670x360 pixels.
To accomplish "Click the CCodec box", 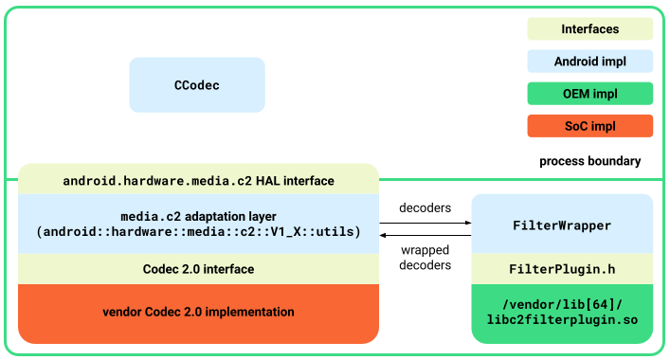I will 196,85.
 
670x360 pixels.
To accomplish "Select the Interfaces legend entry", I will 589,29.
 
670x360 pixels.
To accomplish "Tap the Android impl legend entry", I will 589,62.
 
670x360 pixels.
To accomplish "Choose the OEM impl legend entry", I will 589,94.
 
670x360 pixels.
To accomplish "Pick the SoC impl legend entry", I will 589,126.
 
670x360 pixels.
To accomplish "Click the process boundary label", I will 589,161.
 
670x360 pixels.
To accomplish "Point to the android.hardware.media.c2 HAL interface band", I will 198,180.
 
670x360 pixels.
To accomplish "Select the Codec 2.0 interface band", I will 198,269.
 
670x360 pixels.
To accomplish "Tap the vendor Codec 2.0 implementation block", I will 198,312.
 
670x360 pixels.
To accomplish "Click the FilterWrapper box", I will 562,225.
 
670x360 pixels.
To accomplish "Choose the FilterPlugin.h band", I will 562,269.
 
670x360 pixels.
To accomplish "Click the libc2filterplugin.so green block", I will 562,312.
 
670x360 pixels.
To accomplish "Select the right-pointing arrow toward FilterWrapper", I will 426,223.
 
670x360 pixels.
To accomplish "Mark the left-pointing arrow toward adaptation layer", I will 426,234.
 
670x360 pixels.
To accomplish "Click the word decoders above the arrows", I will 425,207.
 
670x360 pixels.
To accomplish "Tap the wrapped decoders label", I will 425,258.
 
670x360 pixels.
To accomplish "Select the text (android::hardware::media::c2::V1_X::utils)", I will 198,231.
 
